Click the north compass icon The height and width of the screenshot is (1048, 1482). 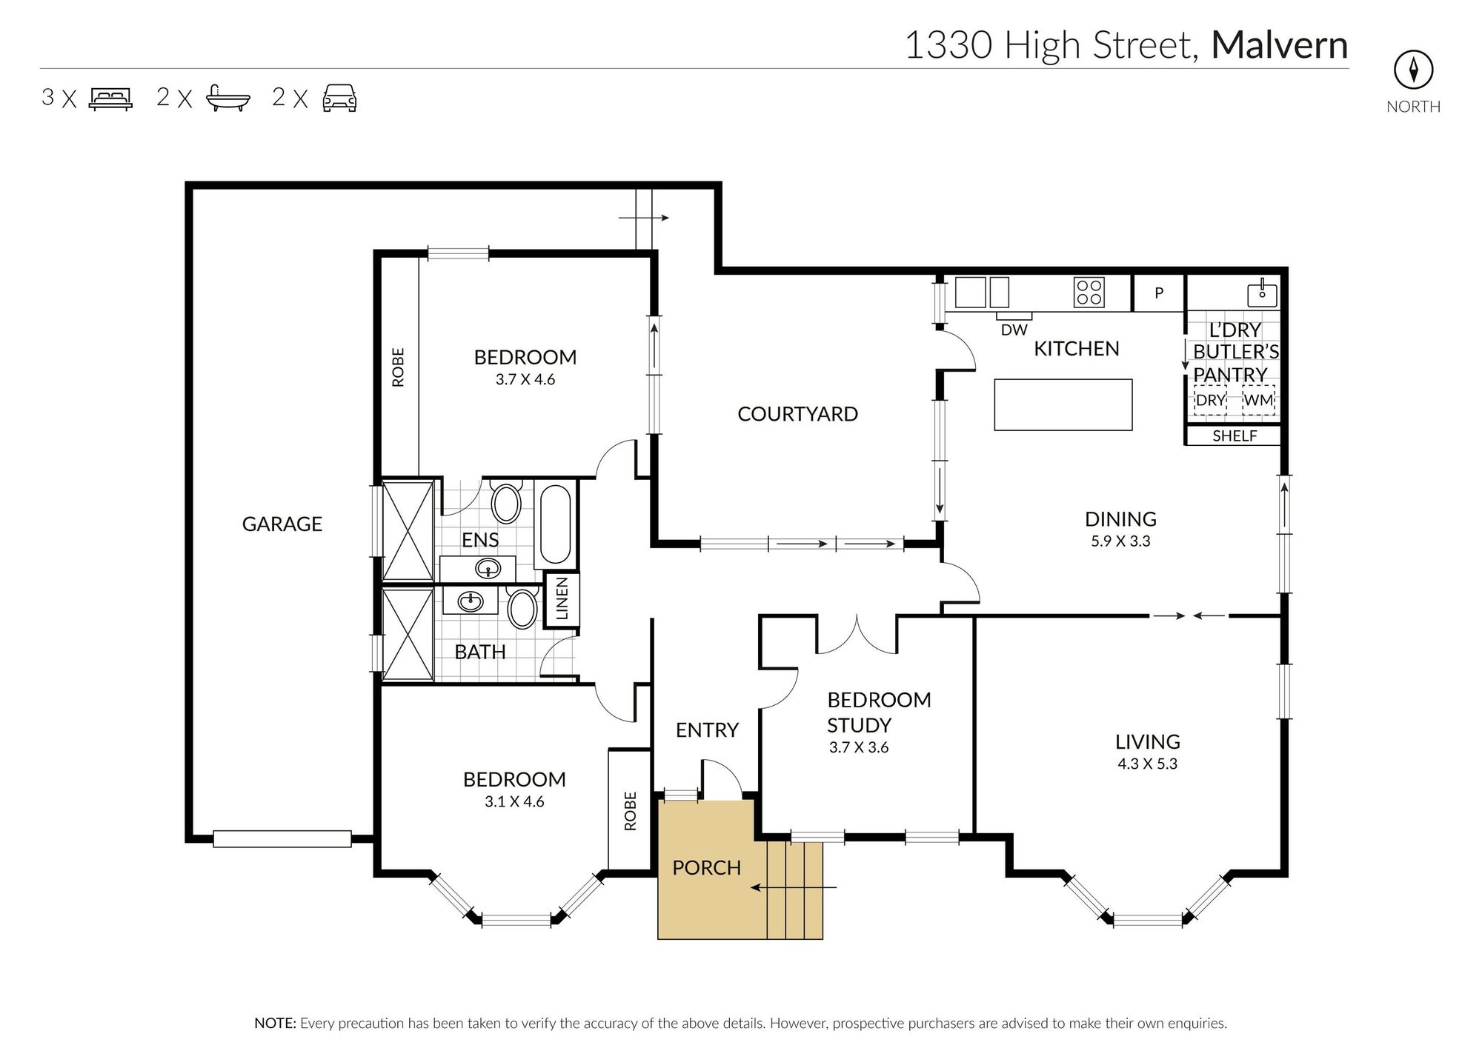(x=1413, y=70)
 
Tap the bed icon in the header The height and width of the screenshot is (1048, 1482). (x=110, y=99)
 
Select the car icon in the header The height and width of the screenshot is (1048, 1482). (x=339, y=98)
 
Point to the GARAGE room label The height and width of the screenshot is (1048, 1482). (x=282, y=524)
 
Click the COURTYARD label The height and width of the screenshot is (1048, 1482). (x=797, y=414)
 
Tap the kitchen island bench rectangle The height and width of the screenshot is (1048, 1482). (x=1063, y=404)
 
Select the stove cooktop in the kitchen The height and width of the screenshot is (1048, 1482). (x=1089, y=292)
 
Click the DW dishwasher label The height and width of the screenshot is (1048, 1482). (x=1014, y=330)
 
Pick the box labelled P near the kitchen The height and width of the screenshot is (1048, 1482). (x=1158, y=293)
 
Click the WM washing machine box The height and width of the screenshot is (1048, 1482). (x=1258, y=401)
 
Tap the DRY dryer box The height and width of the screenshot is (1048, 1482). (x=1210, y=401)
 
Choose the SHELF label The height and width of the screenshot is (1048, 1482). (x=1234, y=436)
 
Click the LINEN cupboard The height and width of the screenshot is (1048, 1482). (x=562, y=599)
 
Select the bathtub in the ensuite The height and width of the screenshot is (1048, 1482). (x=554, y=524)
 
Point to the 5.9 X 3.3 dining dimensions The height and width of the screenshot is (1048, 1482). (x=1120, y=541)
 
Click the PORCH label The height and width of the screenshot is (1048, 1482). (x=706, y=868)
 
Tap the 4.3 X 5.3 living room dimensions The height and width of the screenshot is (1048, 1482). (x=1147, y=764)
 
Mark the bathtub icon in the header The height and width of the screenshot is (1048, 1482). (x=228, y=98)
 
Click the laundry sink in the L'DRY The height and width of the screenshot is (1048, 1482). (x=1262, y=293)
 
